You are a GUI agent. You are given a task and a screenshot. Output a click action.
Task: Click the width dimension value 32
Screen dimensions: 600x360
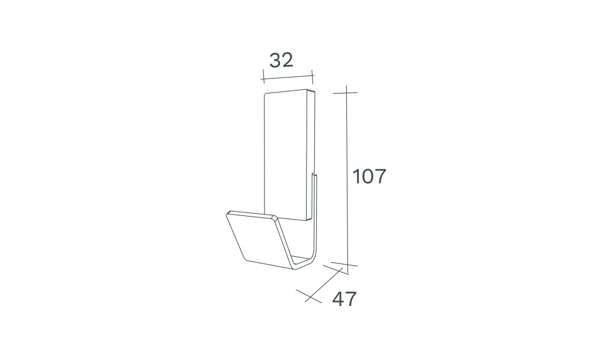tap(281, 61)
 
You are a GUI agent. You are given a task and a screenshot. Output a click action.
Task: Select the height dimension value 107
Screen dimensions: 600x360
tap(369, 176)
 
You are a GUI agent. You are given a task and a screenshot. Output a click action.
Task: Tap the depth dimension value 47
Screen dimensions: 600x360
tap(344, 299)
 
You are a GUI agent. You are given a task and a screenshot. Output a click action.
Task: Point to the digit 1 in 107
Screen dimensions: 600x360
tap(355, 176)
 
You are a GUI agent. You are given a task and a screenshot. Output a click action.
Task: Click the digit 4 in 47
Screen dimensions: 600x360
tap(338, 299)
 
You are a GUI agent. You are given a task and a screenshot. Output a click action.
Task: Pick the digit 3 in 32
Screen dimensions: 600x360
tap(275, 61)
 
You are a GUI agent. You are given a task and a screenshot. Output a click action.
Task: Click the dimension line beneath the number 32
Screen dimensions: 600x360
tap(287, 77)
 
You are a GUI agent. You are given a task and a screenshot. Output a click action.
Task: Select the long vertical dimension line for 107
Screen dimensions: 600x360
tap(347, 180)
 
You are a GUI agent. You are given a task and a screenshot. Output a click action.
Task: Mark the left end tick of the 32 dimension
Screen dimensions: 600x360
tap(263, 76)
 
